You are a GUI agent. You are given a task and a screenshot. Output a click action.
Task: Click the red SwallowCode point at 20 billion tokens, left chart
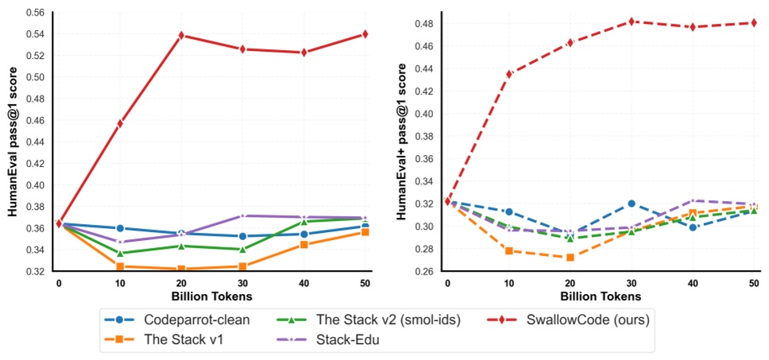(182, 35)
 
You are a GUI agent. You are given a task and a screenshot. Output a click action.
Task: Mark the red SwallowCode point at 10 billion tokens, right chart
(509, 74)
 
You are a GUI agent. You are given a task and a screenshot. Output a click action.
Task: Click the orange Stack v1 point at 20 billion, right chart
(570, 257)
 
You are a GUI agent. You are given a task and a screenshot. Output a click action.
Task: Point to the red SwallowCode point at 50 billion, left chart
(365, 33)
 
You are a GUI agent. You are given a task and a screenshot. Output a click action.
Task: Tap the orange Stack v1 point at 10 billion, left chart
(121, 266)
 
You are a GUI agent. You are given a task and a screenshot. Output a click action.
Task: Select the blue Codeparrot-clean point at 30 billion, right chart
(632, 203)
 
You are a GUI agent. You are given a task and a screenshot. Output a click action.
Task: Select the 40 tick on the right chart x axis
(693, 282)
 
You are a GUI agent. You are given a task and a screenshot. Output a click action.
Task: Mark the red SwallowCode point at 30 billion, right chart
(632, 21)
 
